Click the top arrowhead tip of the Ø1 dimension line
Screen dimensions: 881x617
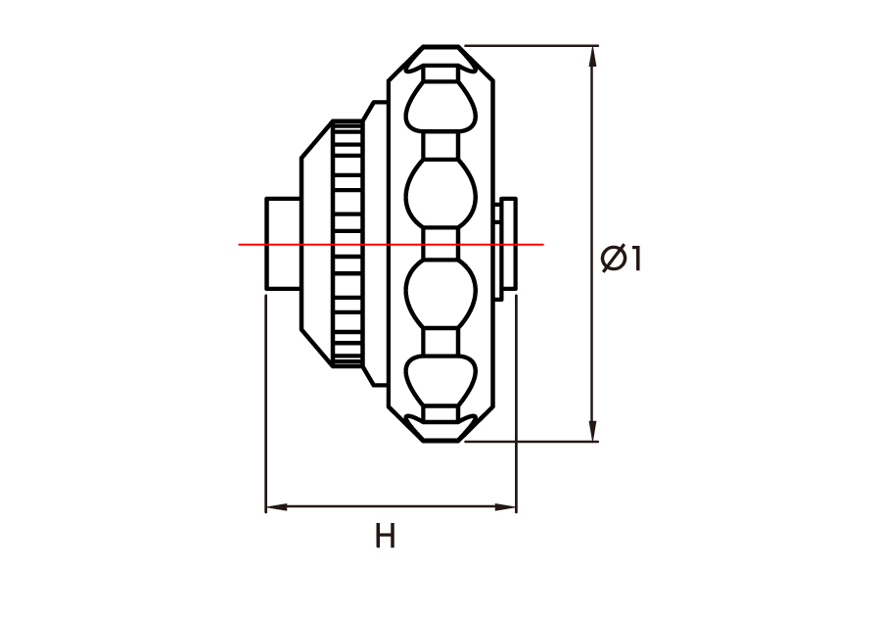[x=591, y=46]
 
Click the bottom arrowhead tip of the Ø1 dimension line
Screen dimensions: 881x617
[x=591, y=441]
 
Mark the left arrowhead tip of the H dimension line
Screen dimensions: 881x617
[x=265, y=507]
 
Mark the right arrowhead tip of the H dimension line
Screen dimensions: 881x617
[x=516, y=507]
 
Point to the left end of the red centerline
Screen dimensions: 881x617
[x=239, y=245]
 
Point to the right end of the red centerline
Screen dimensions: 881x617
[x=544, y=245]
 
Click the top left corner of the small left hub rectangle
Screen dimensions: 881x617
[x=265, y=198]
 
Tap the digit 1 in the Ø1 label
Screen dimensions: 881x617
[x=635, y=259]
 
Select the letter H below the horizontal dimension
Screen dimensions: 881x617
[x=386, y=536]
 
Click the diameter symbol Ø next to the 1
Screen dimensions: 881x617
[x=614, y=259]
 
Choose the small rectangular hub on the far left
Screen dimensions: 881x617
[x=283, y=244]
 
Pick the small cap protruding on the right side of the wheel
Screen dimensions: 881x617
[x=505, y=245]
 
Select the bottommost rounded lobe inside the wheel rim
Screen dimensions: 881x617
[x=441, y=380]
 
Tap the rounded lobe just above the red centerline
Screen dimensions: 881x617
[x=441, y=193]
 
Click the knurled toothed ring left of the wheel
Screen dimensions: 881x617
[x=347, y=243]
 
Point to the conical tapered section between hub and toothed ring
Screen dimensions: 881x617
[x=317, y=243]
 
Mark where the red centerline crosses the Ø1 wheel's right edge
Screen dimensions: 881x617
[x=493, y=245]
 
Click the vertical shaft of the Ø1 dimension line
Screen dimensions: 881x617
[x=591, y=243]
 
